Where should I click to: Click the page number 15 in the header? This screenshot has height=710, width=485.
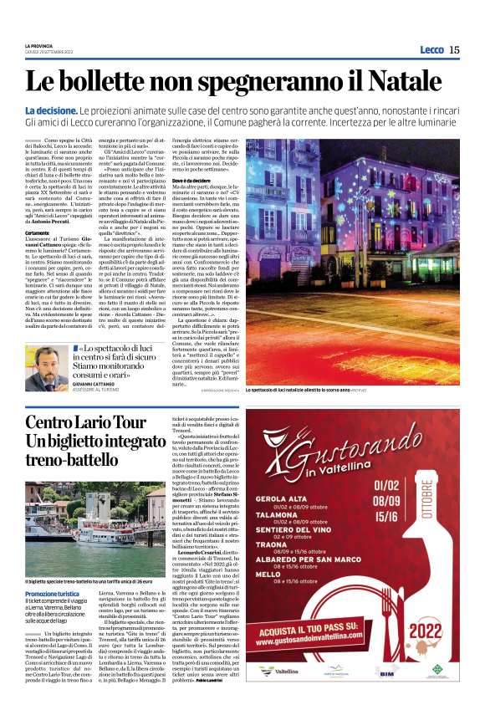click(x=454, y=50)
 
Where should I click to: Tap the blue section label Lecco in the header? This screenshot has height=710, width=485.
click(x=431, y=50)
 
